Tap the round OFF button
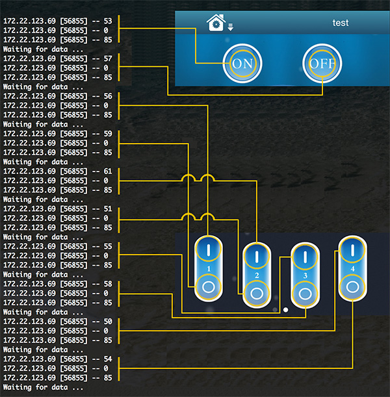coord(322,64)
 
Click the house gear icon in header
coord(214,23)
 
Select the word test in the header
coord(341,23)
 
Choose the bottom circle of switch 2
coord(257,293)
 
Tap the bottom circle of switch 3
coord(305,293)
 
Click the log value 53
coord(107,21)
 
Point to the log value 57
coord(107,58)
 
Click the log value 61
coord(107,171)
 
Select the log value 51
coord(107,209)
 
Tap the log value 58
coord(107,284)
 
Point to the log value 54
coord(107,359)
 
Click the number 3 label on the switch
coord(305,275)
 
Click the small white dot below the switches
coord(285,309)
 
